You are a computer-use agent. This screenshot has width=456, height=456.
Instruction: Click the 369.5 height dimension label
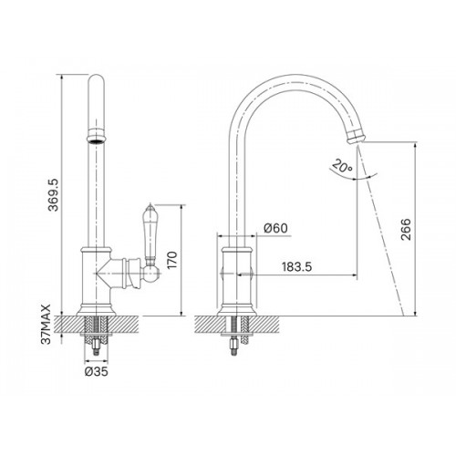(53, 195)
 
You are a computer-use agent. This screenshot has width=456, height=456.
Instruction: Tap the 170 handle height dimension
(172, 260)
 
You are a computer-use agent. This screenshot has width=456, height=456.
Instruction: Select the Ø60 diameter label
(275, 228)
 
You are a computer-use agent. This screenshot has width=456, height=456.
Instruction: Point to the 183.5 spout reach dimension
(296, 267)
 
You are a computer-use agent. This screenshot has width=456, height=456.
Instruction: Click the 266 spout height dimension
(406, 229)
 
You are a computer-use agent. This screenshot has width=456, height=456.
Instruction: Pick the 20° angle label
(342, 166)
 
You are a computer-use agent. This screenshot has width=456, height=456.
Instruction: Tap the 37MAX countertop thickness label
(47, 324)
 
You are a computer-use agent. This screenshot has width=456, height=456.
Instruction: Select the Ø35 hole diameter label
(96, 371)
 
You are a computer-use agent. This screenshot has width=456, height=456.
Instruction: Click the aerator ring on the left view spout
(96, 136)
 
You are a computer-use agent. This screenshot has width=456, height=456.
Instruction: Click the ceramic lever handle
(149, 234)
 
